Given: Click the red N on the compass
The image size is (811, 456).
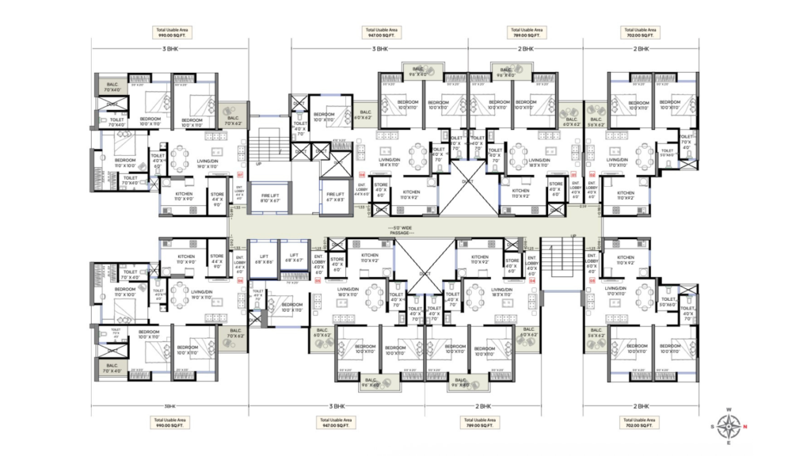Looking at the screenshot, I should [745, 427].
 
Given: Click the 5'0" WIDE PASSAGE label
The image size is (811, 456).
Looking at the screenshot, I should [405, 233].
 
